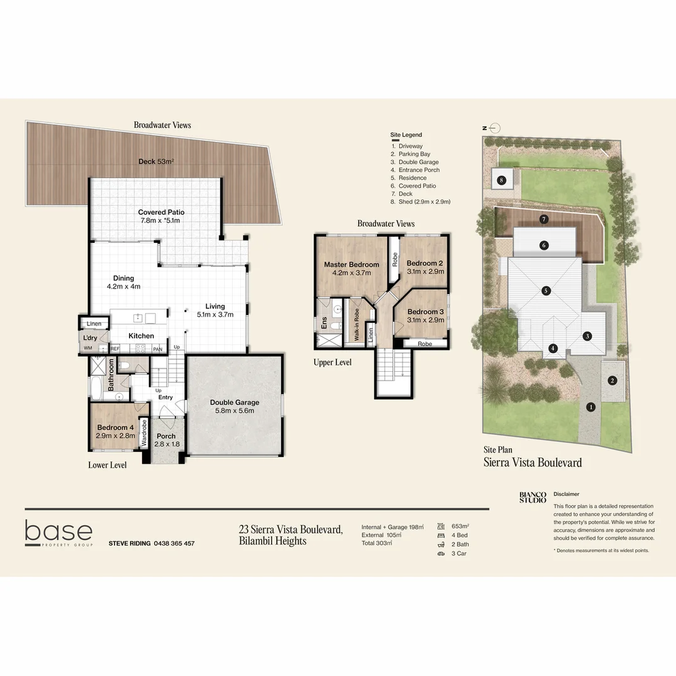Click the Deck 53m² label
pyautogui.click(x=156, y=161)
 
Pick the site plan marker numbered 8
pyautogui.click(x=501, y=181)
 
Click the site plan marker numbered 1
pyautogui.click(x=590, y=407)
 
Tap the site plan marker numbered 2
pyautogui.click(x=613, y=380)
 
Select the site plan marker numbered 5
pyautogui.click(x=546, y=290)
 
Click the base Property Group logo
pyautogui.click(x=59, y=533)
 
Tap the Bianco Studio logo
pyautogui.click(x=533, y=496)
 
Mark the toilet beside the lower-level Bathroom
pyautogui.click(x=125, y=365)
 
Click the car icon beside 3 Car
pyautogui.click(x=441, y=553)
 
